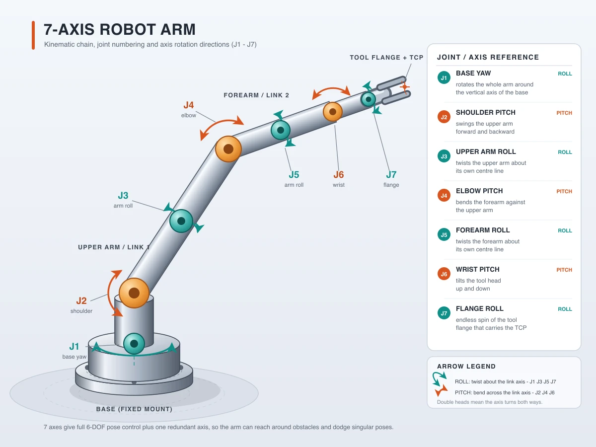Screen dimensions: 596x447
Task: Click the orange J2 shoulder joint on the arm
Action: [134, 293]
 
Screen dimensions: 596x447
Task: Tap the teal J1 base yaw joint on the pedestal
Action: [134, 344]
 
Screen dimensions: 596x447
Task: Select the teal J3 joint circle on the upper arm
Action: [181, 221]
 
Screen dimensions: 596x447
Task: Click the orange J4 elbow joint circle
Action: [228, 149]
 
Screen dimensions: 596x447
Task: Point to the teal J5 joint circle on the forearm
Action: [281, 130]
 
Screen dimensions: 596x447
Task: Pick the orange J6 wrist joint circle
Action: [332, 112]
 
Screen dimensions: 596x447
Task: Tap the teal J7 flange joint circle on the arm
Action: [368, 99]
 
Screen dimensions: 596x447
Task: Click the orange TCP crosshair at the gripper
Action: [405, 87]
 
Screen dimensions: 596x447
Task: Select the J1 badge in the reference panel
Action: [444, 77]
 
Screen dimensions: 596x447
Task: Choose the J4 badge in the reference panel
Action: [444, 195]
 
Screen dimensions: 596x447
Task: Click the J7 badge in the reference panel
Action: [444, 313]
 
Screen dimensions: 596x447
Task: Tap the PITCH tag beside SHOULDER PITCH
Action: [564, 113]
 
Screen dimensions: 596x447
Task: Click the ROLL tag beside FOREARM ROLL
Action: [565, 230]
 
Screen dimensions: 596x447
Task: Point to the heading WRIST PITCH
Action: [478, 269]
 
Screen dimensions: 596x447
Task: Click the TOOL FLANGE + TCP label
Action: [386, 58]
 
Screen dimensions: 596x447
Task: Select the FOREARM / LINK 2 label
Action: [256, 95]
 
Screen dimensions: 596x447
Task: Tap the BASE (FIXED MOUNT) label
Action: [134, 409]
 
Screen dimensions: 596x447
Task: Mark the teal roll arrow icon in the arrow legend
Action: [439, 378]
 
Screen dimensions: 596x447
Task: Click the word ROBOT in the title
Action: [128, 29]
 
